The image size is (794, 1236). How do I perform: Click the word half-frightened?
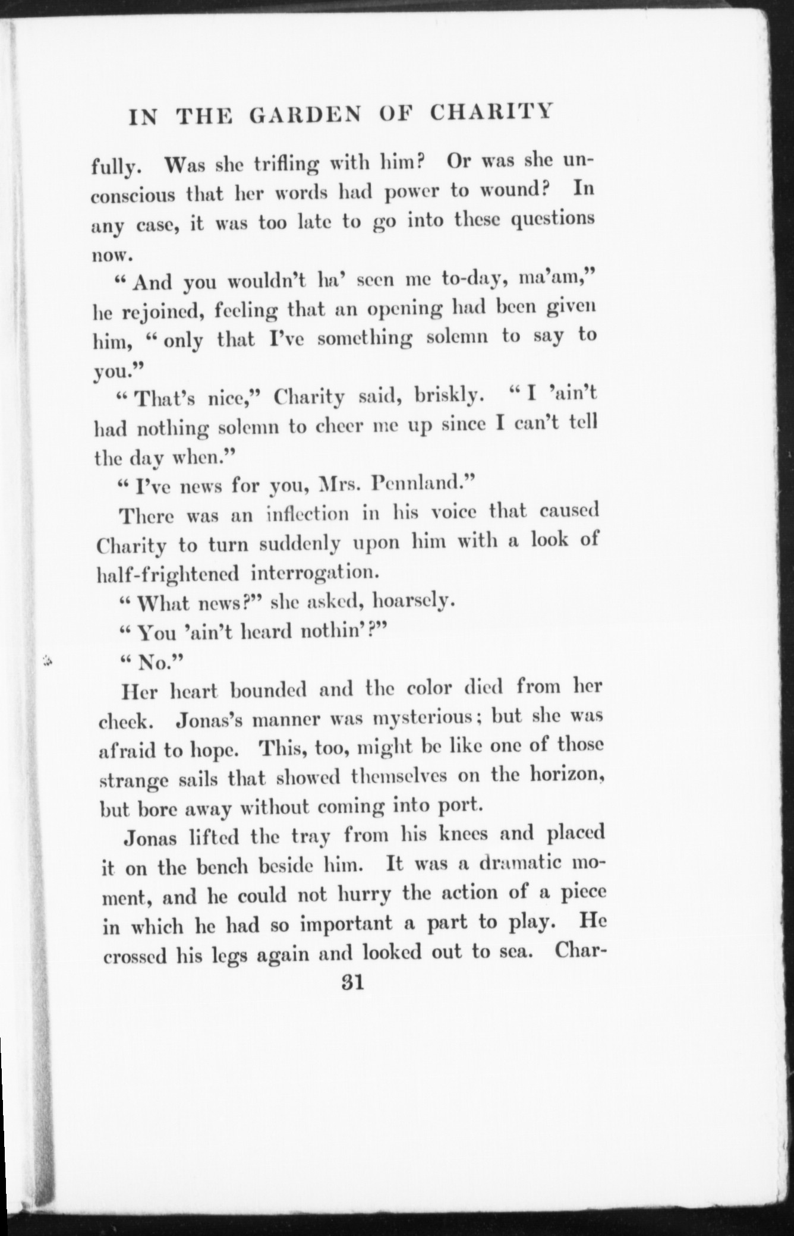(x=168, y=573)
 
